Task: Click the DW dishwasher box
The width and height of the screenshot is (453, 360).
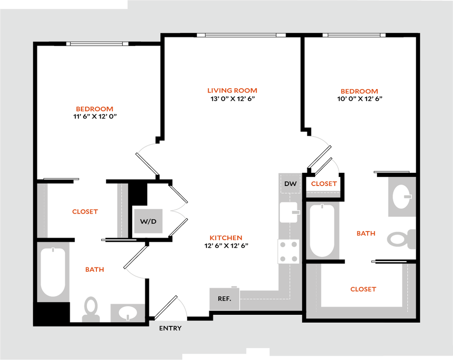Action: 290,184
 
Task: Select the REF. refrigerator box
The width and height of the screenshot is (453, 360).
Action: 224,299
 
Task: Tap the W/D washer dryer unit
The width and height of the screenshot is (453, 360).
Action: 148,221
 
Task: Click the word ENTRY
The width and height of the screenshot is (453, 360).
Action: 170,328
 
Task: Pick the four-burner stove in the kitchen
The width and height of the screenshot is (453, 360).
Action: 288,252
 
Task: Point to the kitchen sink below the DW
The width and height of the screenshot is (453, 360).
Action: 289,212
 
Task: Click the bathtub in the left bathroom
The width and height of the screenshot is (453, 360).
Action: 53,272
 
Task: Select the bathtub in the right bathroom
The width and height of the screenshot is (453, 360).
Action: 322,230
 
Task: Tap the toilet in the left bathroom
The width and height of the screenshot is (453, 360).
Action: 91,308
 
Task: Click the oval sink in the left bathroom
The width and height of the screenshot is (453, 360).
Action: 127,313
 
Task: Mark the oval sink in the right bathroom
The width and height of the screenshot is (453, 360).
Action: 401,197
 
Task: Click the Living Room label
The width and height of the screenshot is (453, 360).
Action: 232,90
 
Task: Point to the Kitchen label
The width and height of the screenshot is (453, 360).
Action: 226,238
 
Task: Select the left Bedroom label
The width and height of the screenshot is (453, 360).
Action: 94,109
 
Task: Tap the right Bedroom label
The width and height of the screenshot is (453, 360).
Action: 359,91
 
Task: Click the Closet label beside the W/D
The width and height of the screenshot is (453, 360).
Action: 85,211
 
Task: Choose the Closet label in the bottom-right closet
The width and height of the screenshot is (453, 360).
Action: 363,289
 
